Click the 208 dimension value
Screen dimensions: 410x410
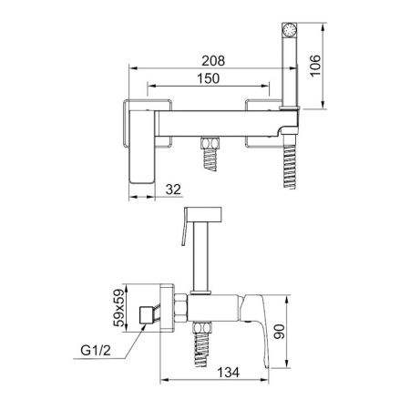pos(213,61)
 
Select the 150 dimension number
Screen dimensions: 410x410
pos(209,78)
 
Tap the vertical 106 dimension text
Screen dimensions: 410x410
pos(315,66)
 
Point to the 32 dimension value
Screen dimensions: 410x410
pos(173,190)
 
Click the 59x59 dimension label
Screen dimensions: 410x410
pos(118,308)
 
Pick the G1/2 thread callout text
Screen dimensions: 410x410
pos(96,351)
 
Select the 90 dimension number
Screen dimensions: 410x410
pos(279,332)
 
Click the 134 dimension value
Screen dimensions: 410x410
pos(229,373)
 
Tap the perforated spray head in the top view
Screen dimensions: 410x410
pos(290,30)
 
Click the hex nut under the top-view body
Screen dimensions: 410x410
pos(210,142)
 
